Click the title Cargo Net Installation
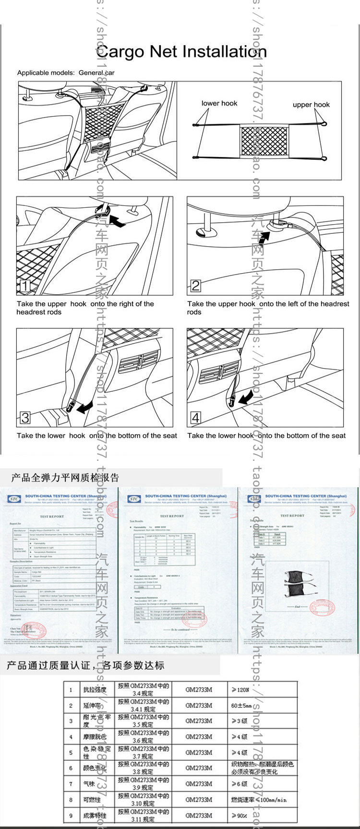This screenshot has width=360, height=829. (x=181, y=51)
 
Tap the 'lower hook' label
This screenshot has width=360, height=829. (x=219, y=103)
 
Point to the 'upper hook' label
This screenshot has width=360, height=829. (x=311, y=105)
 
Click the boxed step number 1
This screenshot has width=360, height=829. (x=24, y=286)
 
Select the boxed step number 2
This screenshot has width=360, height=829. (x=195, y=286)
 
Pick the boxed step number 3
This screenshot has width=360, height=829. (x=25, y=418)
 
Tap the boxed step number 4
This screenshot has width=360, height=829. (x=195, y=418)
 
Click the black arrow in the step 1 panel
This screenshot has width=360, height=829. (x=117, y=220)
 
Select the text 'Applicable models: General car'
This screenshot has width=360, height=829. (x=66, y=73)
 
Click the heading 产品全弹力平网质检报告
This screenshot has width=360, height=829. (x=65, y=478)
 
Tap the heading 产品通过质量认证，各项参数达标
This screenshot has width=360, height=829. (x=85, y=665)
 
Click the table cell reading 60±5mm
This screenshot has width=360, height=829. (x=241, y=706)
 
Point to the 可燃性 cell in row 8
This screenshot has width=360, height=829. (x=92, y=800)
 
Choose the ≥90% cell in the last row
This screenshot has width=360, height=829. (x=240, y=815)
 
